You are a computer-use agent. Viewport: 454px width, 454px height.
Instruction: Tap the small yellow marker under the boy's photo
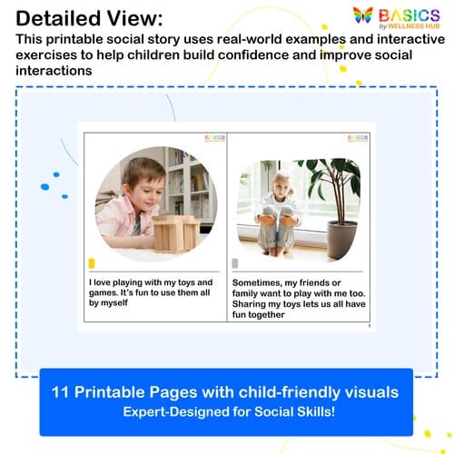92,263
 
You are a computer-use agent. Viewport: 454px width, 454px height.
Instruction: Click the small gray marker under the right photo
235,263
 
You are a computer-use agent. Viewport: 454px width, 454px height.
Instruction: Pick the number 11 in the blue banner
67,391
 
